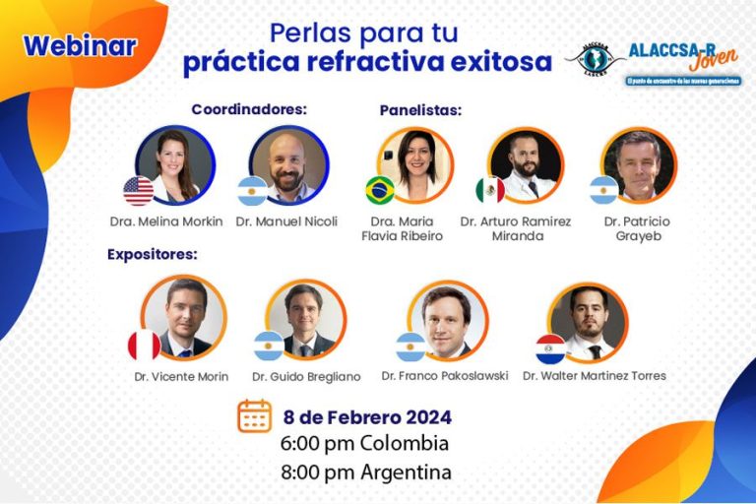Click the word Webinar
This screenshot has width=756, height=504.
coord(80,45)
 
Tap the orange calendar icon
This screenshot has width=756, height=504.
coord(254,415)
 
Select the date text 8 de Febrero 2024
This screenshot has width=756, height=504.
coord(367,416)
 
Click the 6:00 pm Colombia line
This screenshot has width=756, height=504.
coord(364,443)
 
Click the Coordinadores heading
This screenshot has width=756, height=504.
coord(249,108)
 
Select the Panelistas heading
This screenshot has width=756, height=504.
coord(420,110)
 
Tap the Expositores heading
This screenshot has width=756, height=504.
coord(153,254)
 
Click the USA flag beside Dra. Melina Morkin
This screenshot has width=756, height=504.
coord(138,190)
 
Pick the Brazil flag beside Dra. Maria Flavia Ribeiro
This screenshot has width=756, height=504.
coord(380,190)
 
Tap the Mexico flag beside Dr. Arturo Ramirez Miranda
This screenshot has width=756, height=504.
coord(489,190)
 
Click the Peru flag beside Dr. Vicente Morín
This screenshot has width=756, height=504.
coord(144,346)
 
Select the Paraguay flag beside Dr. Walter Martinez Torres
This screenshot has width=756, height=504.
coord(550,347)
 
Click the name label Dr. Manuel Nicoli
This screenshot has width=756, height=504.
coord(286,221)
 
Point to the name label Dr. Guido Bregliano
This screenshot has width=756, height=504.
coord(306,376)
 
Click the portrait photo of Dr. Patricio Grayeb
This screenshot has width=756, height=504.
coord(639,164)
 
